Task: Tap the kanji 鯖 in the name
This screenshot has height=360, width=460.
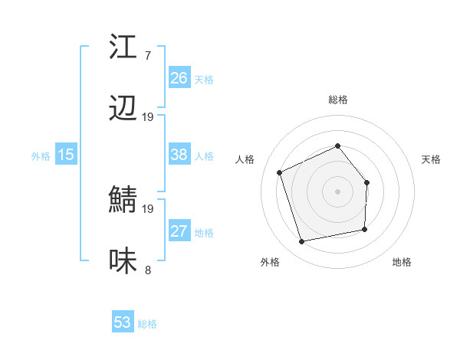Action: (x=123, y=201)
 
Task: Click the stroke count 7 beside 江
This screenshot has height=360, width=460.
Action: (x=147, y=56)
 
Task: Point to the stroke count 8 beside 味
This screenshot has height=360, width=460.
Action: (x=147, y=270)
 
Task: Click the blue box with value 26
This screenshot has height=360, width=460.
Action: (x=179, y=78)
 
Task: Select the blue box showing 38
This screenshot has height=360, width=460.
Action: (x=179, y=155)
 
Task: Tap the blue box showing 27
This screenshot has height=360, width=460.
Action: (x=179, y=231)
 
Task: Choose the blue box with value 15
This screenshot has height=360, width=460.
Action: (x=66, y=155)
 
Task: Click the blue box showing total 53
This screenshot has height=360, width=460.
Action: (x=123, y=322)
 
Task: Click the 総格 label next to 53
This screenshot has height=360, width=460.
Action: (x=147, y=324)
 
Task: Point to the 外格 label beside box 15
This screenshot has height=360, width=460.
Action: (x=41, y=156)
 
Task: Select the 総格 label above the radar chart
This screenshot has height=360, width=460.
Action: (x=338, y=100)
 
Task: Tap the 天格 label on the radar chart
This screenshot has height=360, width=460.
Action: (x=432, y=159)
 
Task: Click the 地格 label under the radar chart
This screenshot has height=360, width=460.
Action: (x=402, y=262)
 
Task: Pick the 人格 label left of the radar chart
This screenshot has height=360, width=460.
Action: (x=245, y=159)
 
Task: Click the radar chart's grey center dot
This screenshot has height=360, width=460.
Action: (x=337, y=191)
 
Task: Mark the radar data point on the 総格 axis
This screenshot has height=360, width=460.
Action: (x=337, y=146)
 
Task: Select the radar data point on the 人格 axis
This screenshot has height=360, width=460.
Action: (x=280, y=172)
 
